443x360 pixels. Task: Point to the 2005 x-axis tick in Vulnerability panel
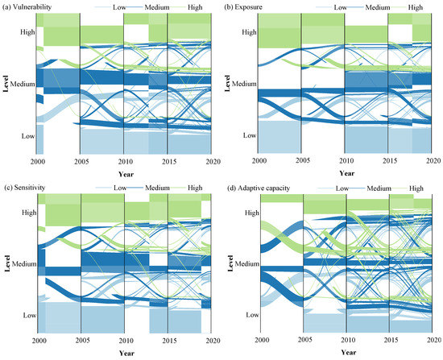tap(80, 161)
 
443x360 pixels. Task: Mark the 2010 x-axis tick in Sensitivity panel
tap(124, 341)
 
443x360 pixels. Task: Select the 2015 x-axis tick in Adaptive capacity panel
tap(390, 341)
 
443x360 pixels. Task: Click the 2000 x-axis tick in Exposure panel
tap(258, 161)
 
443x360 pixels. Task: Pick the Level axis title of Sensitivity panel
tap(6, 263)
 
